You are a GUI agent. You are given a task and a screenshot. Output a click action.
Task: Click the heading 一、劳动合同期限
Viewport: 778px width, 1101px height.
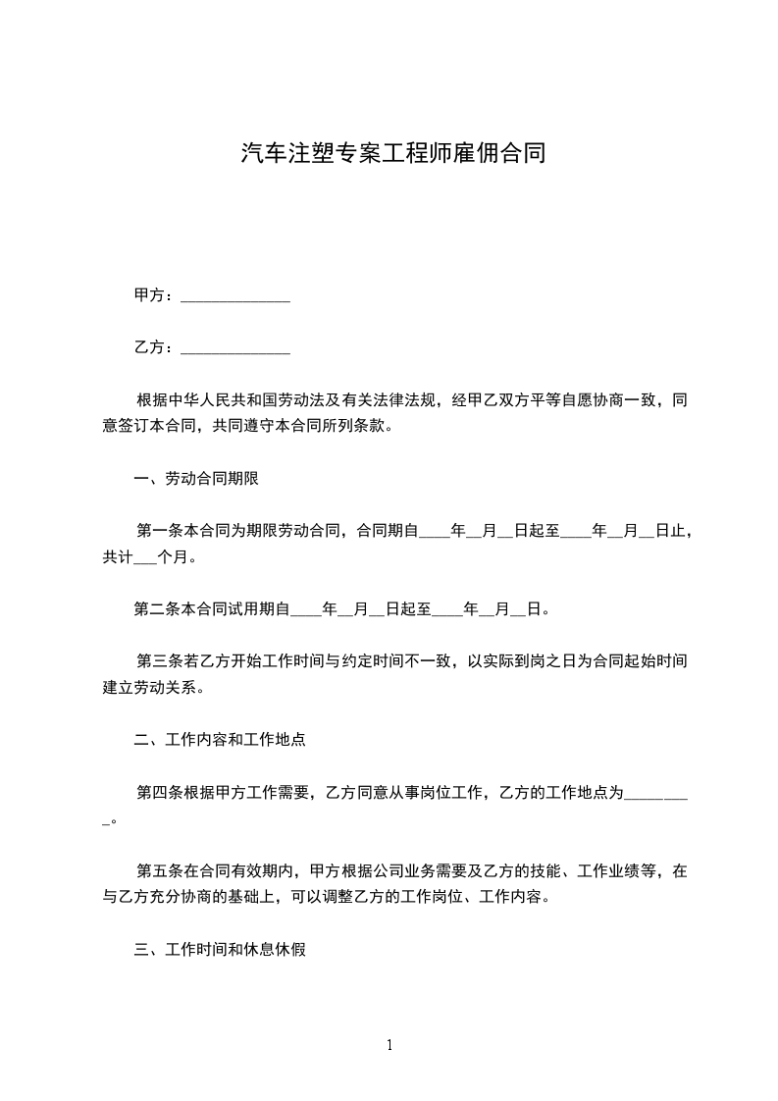[x=196, y=479]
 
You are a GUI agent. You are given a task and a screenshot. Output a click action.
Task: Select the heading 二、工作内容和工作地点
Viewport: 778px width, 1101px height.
[x=220, y=740]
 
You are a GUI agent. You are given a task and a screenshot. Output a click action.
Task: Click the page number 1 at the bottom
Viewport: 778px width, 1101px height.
[x=389, y=1045]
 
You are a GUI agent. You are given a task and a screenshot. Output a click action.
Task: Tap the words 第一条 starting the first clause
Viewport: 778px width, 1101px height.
[x=157, y=532]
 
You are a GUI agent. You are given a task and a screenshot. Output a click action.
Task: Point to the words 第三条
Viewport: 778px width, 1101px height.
[x=157, y=661]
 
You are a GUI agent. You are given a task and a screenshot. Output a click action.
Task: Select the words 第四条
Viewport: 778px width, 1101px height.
[x=157, y=792]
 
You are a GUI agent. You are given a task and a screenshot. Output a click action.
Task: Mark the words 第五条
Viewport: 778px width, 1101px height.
[x=157, y=870]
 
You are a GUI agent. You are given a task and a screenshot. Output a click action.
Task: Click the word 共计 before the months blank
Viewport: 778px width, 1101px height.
[x=117, y=557]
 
